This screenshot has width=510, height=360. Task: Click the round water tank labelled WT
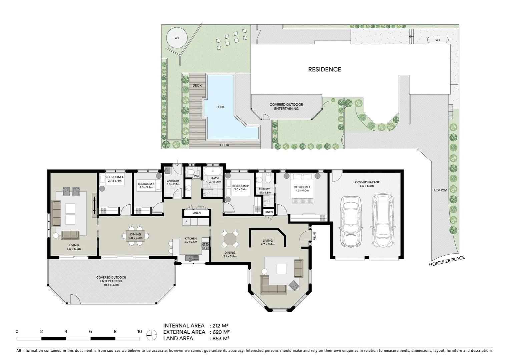point(177,38)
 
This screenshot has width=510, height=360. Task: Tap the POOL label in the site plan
point(220,107)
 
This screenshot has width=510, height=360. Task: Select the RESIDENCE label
point(324,69)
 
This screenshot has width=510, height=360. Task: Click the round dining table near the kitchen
point(230,239)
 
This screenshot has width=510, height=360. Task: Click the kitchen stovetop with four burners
point(205,246)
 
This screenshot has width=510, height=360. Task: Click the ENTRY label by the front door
point(314,236)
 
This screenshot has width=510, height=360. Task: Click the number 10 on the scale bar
point(139,332)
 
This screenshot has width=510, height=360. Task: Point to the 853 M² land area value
point(220,338)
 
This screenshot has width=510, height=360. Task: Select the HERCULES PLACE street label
point(447,262)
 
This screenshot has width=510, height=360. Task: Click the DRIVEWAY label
point(440,190)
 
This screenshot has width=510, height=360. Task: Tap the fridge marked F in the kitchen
point(186,222)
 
